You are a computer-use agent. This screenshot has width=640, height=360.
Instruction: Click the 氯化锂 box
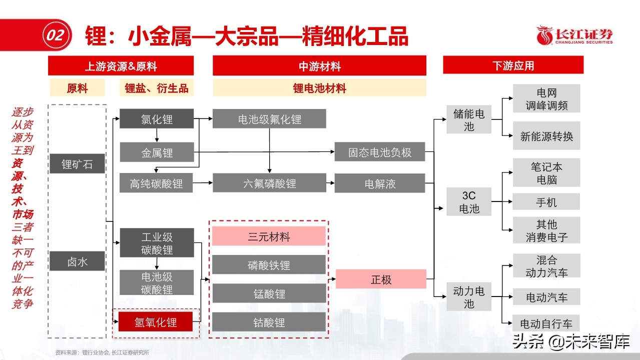tap(157, 118)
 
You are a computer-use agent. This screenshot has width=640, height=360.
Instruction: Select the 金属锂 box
tap(157, 152)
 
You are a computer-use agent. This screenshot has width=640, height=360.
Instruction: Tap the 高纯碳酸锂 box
tap(157, 183)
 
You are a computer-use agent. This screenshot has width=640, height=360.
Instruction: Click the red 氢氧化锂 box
tap(156, 321)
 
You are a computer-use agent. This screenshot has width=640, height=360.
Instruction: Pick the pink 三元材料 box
tap(269, 236)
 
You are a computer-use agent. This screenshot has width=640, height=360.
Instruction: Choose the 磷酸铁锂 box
tap(269, 265)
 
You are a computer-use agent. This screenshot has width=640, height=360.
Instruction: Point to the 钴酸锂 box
tap(269, 322)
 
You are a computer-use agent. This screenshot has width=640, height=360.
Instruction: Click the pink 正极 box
tap(381, 279)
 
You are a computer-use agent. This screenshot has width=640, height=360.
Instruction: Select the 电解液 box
tap(380, 183)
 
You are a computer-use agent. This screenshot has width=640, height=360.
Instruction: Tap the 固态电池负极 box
tap(380, 152)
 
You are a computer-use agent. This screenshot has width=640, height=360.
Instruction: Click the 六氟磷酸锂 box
tap(269, 183)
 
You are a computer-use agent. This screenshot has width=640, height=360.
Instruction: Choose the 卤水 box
tap(77, 261)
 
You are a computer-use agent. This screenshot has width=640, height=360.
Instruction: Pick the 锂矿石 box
tap(77, 164)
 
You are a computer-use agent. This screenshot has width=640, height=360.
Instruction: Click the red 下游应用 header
tap(513, 65)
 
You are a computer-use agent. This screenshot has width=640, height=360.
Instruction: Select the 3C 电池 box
tap(469, 202)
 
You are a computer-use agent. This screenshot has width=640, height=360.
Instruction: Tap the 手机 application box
tap(546, 202)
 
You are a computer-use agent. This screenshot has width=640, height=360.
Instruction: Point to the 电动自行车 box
tap(546, 323)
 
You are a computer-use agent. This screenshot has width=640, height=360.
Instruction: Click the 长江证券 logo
tap(574, 36)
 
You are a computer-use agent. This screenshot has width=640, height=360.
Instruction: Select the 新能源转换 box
tap(546, 136)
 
